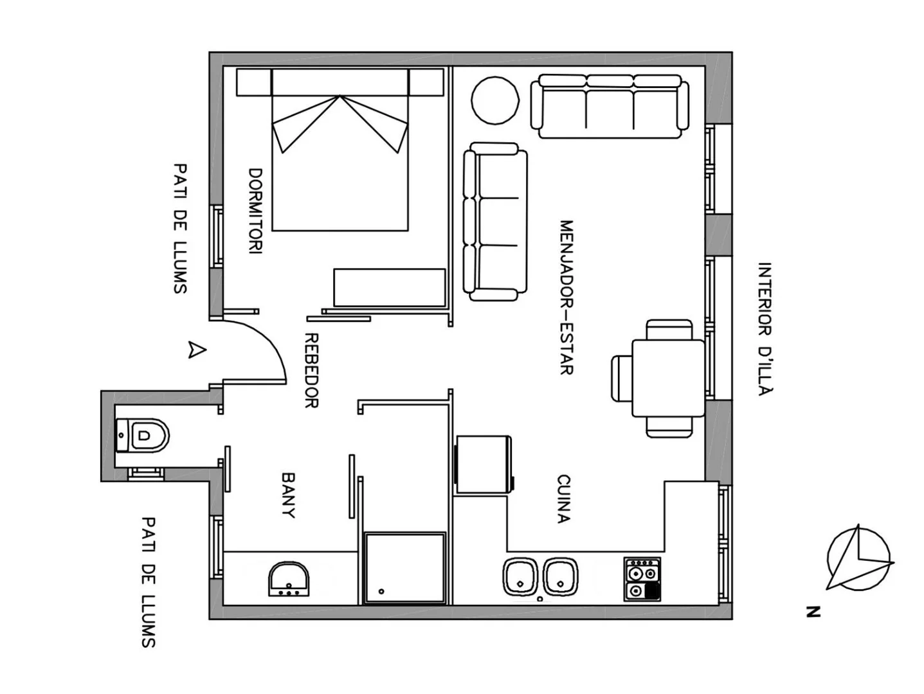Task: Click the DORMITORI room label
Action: tap(255, 211)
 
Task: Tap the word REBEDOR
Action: tap(311, 370)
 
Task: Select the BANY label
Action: tap(288, 495)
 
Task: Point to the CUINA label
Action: tap(563, 499)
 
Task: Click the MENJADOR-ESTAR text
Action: tap(567, 298)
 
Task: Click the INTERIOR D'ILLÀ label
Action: tap(765, 329)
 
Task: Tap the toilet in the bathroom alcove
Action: tap(142, 435)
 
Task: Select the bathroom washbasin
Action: tap(288, 579)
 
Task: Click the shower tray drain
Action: tap(381, 591)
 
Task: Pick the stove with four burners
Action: tap(642, 579)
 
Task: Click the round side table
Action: tap(495, 100)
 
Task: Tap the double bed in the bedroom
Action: tap(340, 150)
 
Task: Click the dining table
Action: tap(668, 378)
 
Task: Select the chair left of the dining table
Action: tap(622, 378)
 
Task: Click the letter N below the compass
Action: tap(813, 612)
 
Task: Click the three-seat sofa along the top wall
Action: tap(610, 107)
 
